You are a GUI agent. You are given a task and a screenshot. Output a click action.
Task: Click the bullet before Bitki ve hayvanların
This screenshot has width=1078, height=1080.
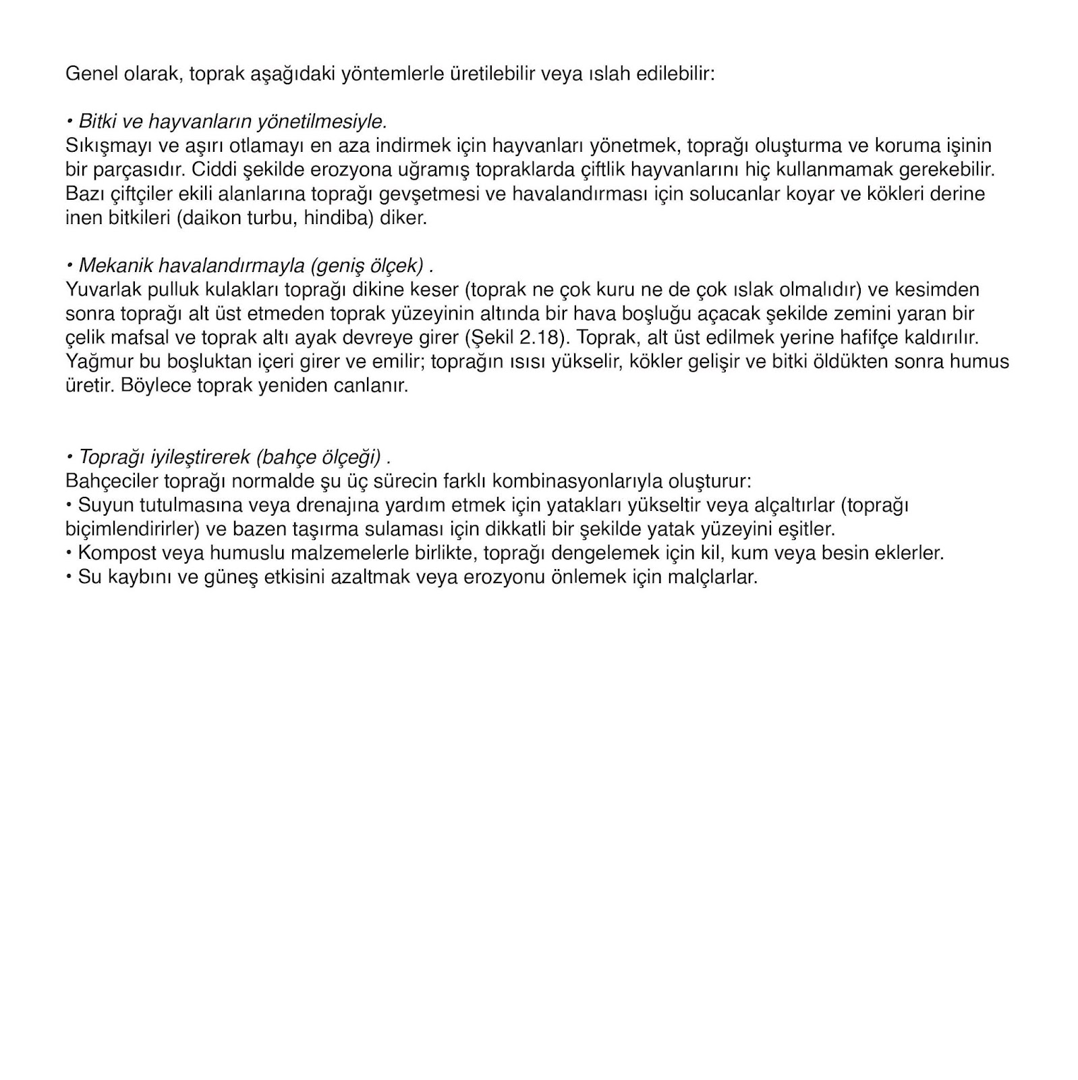click(x=69, y=122)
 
